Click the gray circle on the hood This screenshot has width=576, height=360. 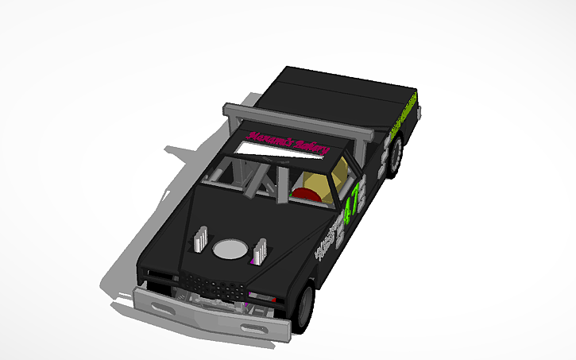coord(230,250)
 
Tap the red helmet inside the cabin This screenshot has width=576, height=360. coord(305,192)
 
